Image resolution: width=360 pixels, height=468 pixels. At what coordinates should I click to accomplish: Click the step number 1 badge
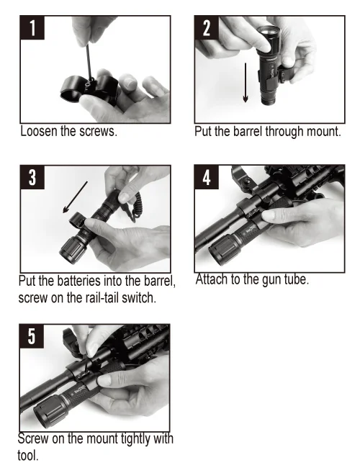pyautogui.click(x=32, y=28)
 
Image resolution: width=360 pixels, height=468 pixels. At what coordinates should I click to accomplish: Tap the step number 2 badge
pyautogui.click(x=207, y=28)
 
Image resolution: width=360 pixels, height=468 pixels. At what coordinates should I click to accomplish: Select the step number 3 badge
pyautogui.click(x=32, y=177)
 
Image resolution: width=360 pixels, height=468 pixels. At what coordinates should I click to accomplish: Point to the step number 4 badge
pyautogui.click(x=207, y=177)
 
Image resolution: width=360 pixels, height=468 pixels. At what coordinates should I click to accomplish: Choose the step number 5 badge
pyautogui.click(x=32, y=336)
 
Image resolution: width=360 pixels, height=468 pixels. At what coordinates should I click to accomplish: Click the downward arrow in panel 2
pyautogui.click(x=246, y=83)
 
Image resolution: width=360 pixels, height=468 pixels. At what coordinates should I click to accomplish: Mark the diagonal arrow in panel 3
pyautogui.click(x=75, y=197)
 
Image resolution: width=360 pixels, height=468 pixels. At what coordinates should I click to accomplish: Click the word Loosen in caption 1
pyautogui.click(x=39, y=131)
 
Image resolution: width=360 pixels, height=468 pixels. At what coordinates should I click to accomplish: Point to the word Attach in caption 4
pyautogui.click(x=212, y=279)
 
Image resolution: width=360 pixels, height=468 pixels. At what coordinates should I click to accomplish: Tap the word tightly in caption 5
pyautogui.click(x=135, y=439)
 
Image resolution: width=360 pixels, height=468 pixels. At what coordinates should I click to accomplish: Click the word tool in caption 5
pyautogui.click(x=28, y=456)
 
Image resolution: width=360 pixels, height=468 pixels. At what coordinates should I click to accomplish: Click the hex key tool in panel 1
pyautogui.click(x=89, y=62)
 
